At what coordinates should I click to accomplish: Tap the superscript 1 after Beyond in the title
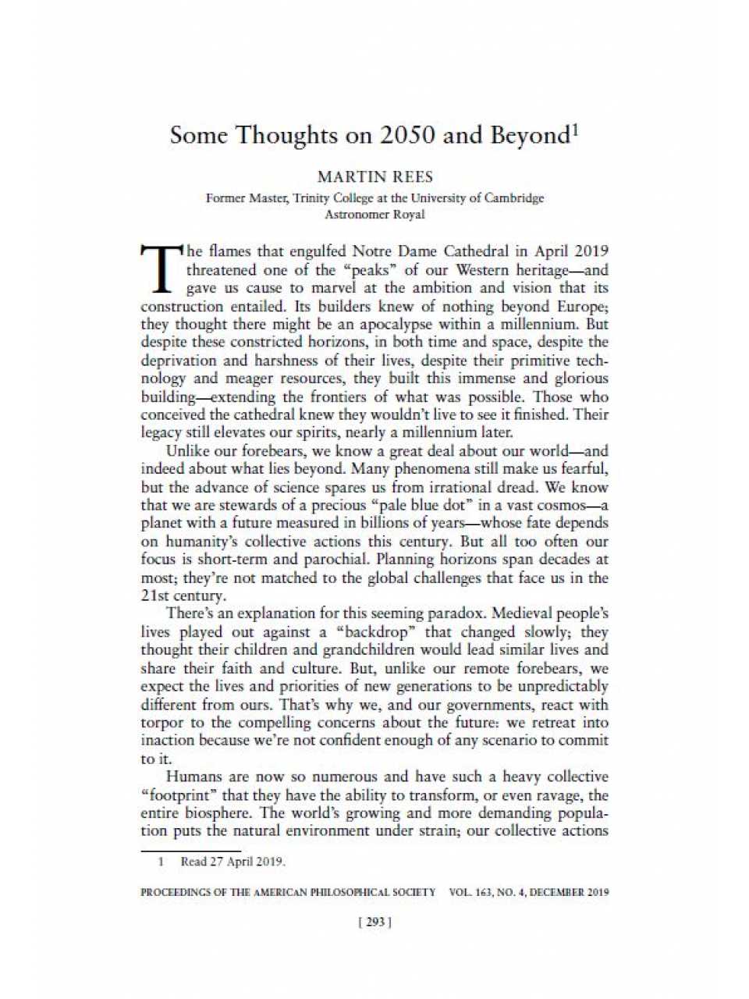(x=575, y=129)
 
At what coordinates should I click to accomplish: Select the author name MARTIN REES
(x=374, y=177)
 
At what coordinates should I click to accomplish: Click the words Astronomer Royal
(x=374, y=214)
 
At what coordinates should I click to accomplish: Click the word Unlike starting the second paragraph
(x=188, y=450)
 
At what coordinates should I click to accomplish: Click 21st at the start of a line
(x=154, y=595)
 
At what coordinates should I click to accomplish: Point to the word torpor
(x=163, y=723)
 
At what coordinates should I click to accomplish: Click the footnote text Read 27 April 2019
(x=233, y=862)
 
